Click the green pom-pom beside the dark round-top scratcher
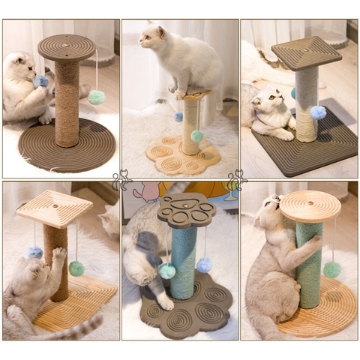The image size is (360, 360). point(96,97)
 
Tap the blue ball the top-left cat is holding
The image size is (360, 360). point(42,81)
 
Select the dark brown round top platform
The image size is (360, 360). point(67,47)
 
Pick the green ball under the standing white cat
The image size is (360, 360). point(196,136)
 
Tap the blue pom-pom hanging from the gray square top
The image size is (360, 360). point(318,112)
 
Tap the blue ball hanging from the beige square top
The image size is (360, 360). point(35,253)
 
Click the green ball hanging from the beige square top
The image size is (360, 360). point(76,268)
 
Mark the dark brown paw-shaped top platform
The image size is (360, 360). point(186,210)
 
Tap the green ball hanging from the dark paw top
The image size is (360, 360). point(167,271)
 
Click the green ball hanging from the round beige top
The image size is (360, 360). point(331,269)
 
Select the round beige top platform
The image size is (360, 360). point(310,204)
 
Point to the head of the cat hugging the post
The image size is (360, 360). point(268,213)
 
